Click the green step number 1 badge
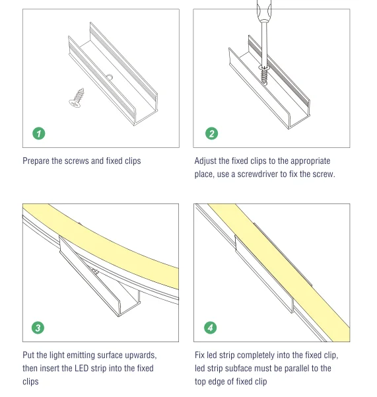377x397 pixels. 39,133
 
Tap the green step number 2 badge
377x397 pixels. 211,133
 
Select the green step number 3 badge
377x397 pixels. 38,328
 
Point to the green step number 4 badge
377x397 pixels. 210,328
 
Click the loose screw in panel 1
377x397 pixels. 77,98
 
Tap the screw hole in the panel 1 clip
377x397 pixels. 110,77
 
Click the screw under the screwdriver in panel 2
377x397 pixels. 264,75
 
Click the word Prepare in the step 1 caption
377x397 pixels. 36,161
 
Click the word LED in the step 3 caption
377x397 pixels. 81,368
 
